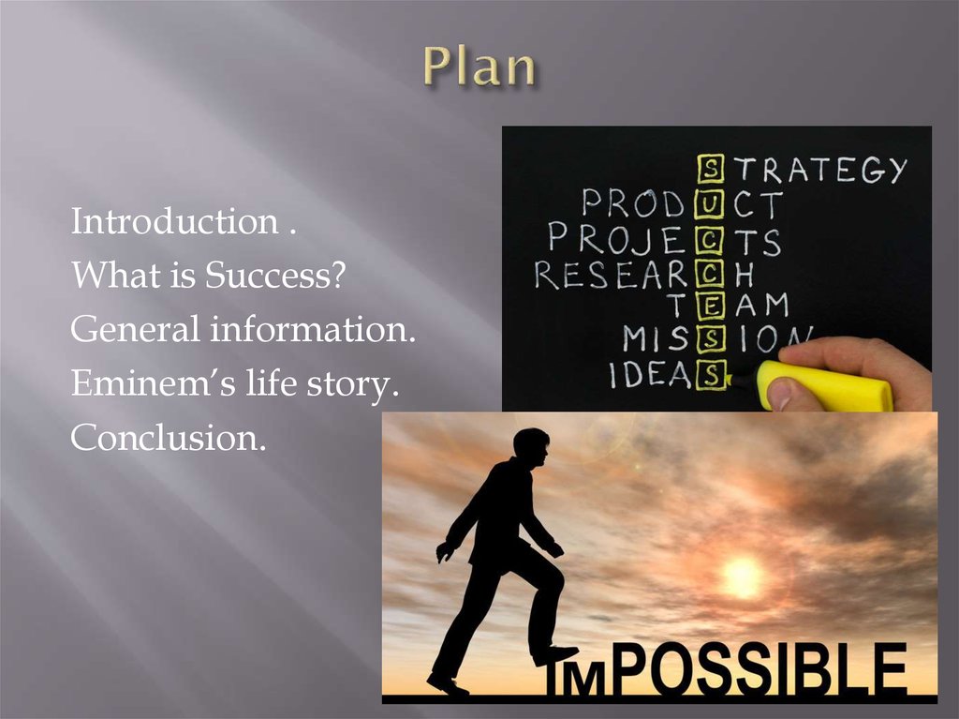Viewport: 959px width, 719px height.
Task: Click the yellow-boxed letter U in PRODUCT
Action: tap(712, 204)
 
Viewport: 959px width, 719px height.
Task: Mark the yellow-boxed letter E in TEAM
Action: tap(712, 307)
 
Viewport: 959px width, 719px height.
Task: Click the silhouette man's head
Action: tap(531, 447)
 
